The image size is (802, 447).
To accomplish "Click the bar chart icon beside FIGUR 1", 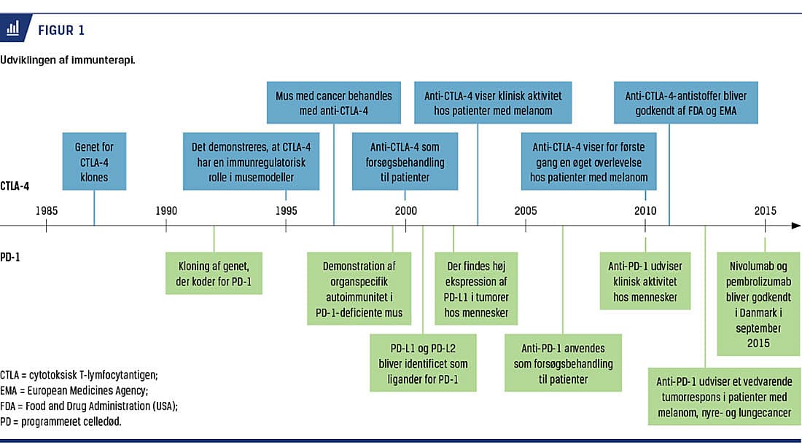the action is coord(12,28).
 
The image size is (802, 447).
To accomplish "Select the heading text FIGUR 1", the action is coord(61,30).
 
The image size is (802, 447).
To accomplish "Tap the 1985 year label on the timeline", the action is coord(47,210).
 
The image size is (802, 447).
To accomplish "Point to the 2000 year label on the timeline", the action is coord(405,210).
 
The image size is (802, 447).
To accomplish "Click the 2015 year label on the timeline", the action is coord(765,210).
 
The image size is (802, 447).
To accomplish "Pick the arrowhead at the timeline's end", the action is coord(796,225).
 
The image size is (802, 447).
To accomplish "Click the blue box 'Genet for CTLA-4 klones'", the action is coord(94,162).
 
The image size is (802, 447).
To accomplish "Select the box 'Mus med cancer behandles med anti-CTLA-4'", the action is coord(333,103).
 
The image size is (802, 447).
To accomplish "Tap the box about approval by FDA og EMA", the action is coord(686,103).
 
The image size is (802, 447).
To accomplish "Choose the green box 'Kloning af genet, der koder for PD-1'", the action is coord(214,273).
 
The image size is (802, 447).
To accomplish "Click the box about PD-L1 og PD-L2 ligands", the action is coord(423,363).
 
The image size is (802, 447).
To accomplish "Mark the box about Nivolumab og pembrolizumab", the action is coord(758,304).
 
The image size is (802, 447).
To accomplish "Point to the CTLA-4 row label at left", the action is coord(15,186).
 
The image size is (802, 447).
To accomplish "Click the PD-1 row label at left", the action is coord(10,257).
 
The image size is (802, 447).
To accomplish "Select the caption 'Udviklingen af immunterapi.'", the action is coord(68,60).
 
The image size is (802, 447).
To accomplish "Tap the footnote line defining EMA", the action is coord(74,390).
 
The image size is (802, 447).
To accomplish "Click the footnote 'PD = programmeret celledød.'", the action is coord(61,422).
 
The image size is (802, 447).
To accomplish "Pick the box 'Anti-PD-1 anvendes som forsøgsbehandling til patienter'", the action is coord(563,363).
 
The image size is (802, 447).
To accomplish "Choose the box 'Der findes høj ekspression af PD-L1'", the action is coord(476,288).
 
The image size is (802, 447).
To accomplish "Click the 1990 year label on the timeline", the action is coord(166,210).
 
